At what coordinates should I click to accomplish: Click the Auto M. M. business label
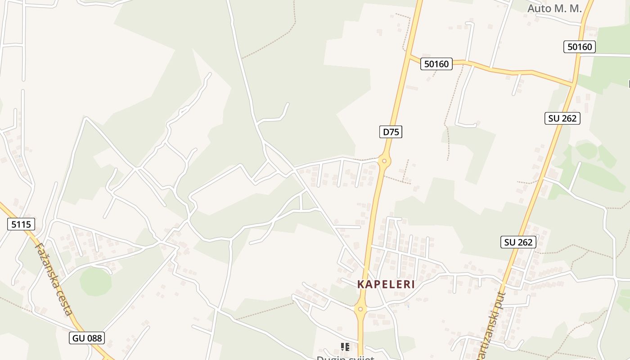[554, 8]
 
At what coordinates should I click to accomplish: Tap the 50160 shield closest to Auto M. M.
[580, 47]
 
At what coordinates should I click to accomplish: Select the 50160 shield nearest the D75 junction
[436, 64]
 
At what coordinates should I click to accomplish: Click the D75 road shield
[390, 132]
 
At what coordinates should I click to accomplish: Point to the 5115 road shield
[21, 224]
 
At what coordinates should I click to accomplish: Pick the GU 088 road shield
[87, 337]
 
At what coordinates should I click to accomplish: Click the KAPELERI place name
[386, 284]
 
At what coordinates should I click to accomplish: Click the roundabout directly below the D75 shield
[384, 160]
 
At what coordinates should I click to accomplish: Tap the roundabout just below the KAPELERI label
[360, 309]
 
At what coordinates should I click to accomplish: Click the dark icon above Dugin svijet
[345, 347]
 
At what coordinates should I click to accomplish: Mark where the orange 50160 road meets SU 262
[573, 84]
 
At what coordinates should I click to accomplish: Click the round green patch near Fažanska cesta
[95, 282]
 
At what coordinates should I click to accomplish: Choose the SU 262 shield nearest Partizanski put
[518, 242]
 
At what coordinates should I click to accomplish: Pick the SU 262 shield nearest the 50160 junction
[562, 118]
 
